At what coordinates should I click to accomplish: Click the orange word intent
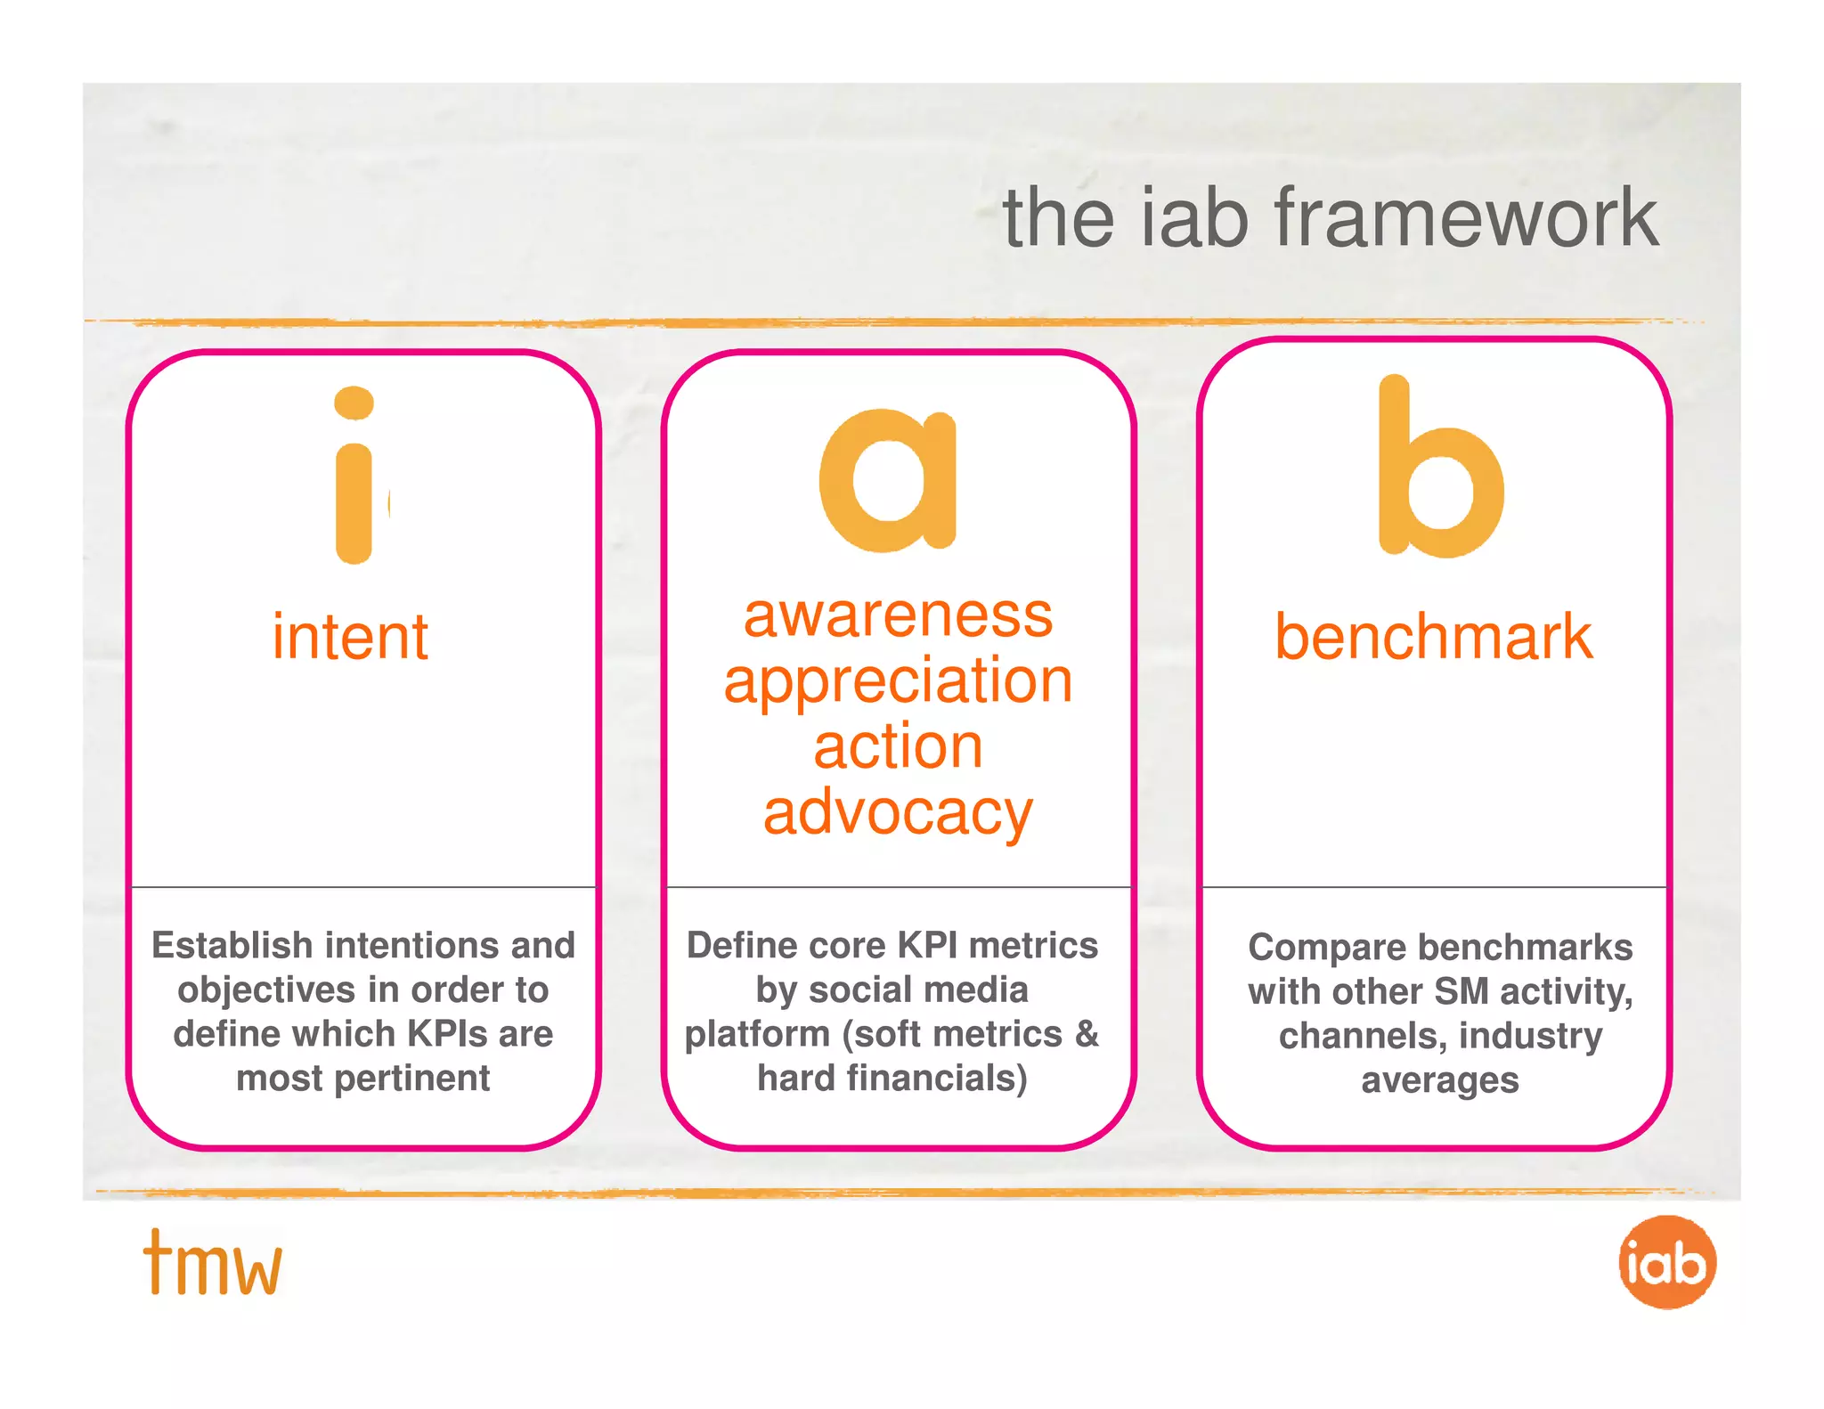(350, 637)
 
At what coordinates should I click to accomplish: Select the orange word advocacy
(898, 812)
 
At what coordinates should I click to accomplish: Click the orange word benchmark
(1433, 637)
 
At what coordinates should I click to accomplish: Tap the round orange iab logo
(1666, 1262)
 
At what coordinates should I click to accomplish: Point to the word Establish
(232, 945)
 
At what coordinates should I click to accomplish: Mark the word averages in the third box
(1439, 1080)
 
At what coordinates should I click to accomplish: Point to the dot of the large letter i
(354, 403)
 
